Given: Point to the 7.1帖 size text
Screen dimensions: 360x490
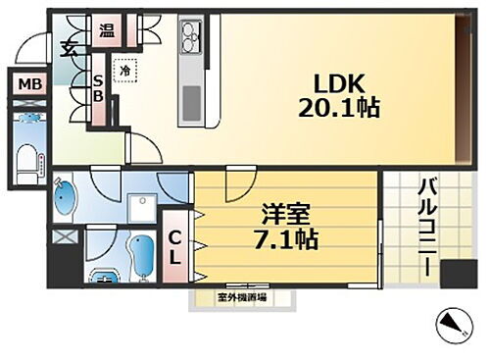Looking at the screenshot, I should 290,238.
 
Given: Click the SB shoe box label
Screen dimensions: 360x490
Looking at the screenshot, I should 98,89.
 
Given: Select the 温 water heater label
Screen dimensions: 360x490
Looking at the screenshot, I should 106,29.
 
